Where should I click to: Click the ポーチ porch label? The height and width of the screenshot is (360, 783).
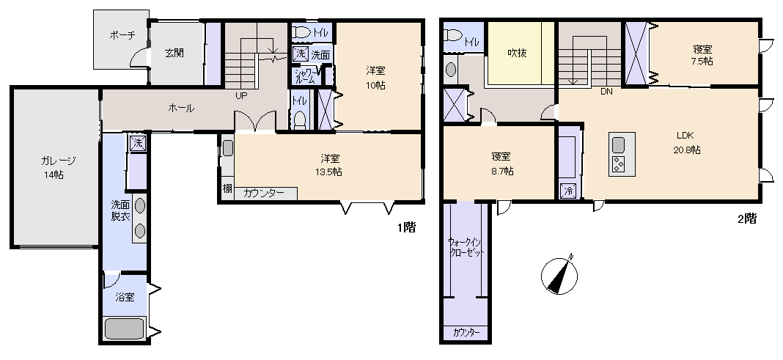tap(122, 35)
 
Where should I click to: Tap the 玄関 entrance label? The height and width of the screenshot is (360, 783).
tap(174, 53)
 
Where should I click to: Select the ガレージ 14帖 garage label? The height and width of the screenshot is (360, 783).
tap(59, 167)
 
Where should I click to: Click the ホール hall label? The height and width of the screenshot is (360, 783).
tap(181, 108)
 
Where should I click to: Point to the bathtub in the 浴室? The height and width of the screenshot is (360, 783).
tap(125, 330)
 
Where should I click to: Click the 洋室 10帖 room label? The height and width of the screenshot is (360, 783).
tap(375, 78)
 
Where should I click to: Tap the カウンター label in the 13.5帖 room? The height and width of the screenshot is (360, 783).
tap(264, 194)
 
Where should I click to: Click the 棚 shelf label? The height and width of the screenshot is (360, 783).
tap(227, 188)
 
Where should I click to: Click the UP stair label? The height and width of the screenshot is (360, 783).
tap(241, 95)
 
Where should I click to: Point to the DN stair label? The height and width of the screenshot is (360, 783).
tap(607, 92)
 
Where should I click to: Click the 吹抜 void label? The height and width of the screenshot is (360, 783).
tap(517, 53)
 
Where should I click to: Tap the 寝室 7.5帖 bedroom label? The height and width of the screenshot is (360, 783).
tap(702, 55)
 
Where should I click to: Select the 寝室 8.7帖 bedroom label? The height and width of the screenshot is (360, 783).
tap(502, 164)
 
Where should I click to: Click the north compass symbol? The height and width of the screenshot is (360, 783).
tap(560, 275)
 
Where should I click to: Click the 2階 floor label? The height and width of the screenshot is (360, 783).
tap(747, 218)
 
